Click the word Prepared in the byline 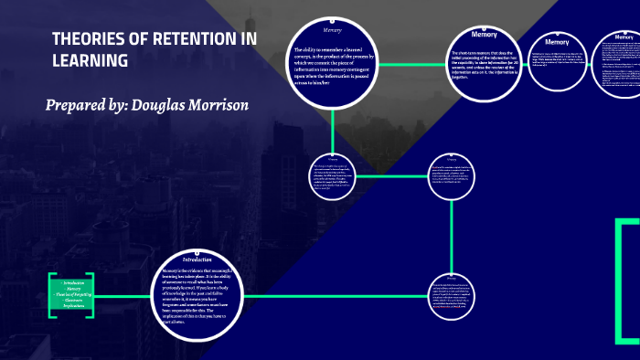pyautogui.click(x=76, y=105)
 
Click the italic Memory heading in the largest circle pyautogui.click(x=332, y=30)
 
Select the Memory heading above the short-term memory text pyautogui.click(x=484, y=35)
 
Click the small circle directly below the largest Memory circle pyautogui.click(x=333, y=176)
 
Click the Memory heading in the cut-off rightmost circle pyautogui.click(x=624, y=36)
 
